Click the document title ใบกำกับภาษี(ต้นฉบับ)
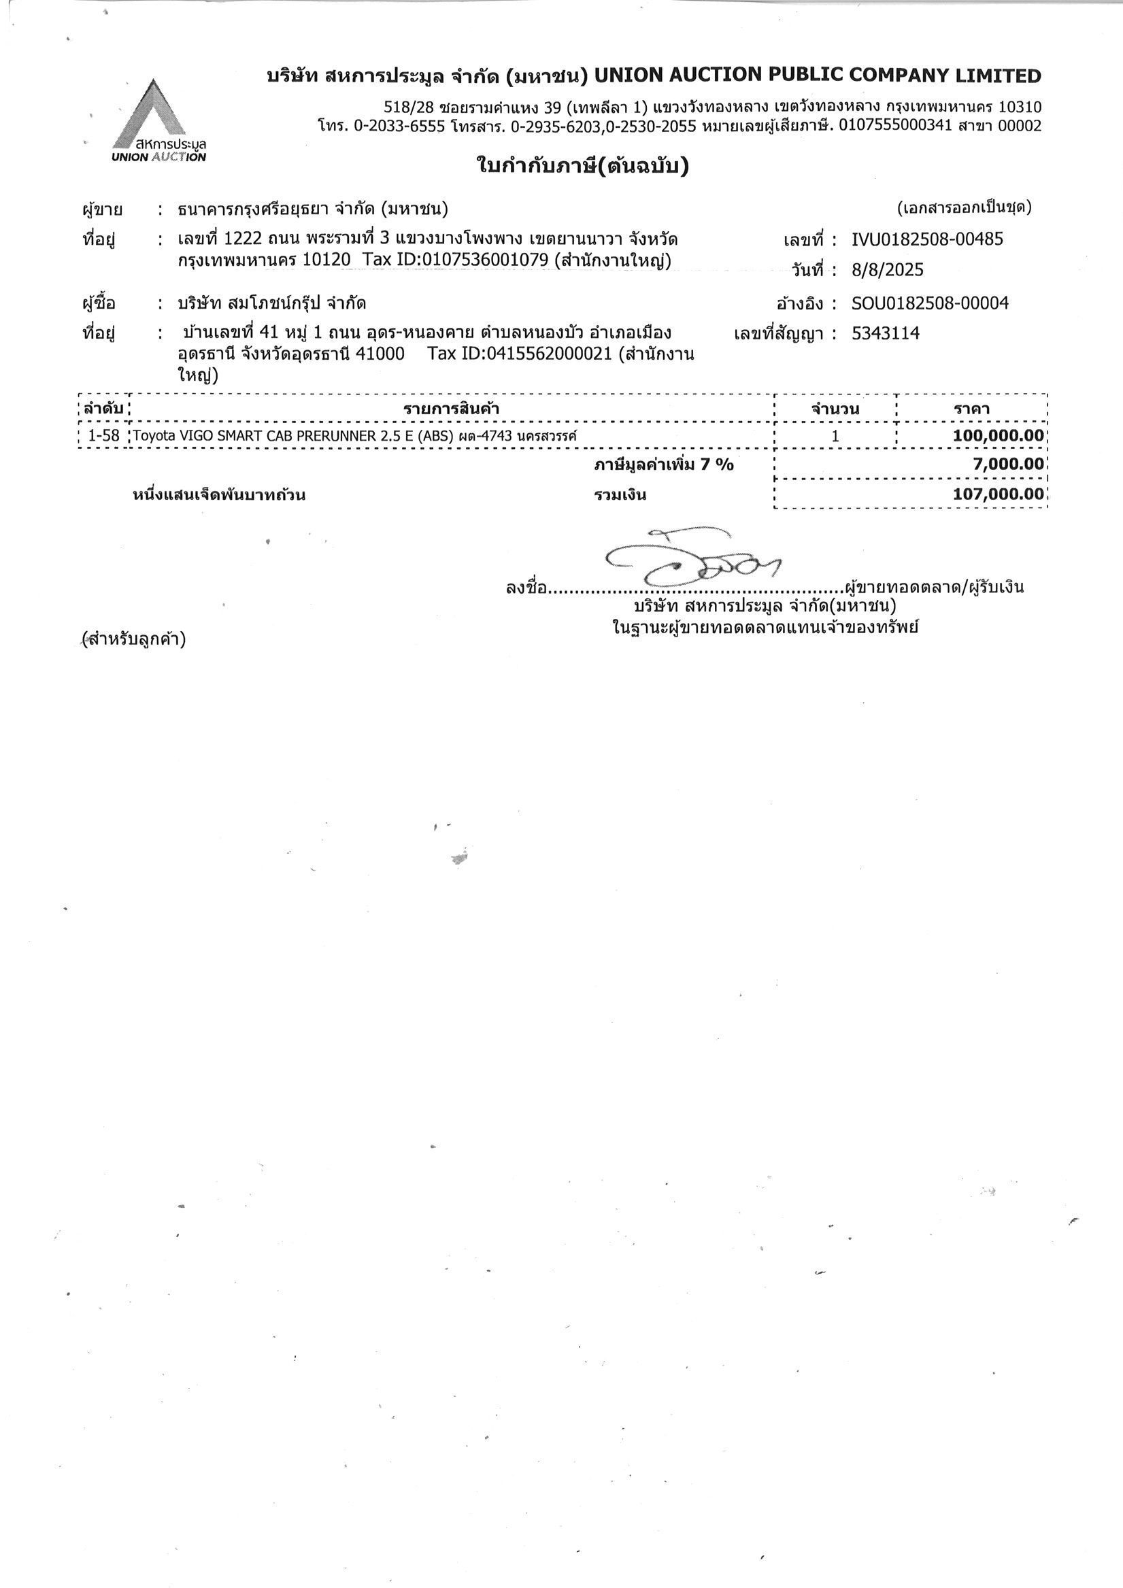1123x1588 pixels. click(x=583, y=167)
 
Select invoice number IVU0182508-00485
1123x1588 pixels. click(x=927, y=239)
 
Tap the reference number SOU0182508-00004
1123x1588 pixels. click(x=930, y=303)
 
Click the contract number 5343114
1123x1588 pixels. click(x=885, y=333)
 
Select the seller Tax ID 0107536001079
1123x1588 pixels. click(x=485, y=260)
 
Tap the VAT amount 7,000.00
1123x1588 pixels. click(x=1008, y=464)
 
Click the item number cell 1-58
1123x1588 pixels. click(x=104, y=436)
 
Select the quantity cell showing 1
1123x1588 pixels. click(x=835, y=436)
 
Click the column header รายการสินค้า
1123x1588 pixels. click(x=451, y=409)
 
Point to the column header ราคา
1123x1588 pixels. click(x=971, y=409)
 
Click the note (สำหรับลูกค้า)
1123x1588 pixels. click(x=133, y=639)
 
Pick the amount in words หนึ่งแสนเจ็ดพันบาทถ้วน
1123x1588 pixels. click(x=218, y=495)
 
